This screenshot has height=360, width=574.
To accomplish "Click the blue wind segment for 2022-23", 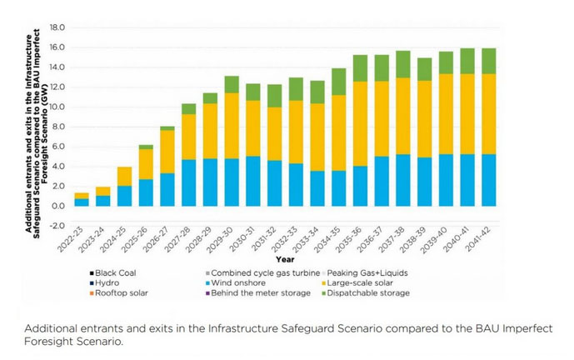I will [x=82, y=202].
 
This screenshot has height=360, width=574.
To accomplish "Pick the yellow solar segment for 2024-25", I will [x=124, y=177].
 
